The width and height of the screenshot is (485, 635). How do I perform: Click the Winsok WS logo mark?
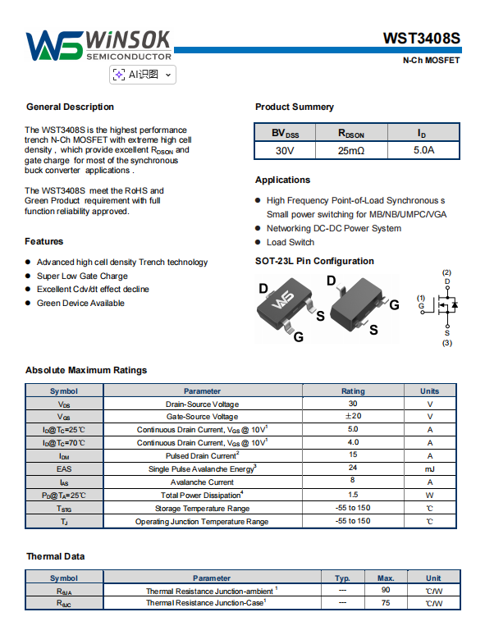(x=54, y=45)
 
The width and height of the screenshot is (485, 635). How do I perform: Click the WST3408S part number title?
(x=421, y=39)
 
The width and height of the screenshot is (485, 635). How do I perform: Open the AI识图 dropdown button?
(x=143, y=75)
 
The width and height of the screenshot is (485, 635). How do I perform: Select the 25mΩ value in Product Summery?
(x=351, y=151)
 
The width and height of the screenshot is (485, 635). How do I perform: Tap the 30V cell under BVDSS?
(x=285, y=151)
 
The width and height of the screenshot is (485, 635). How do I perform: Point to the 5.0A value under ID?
(x=423, y=150)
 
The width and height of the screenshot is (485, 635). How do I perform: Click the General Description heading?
(x=70, y=107)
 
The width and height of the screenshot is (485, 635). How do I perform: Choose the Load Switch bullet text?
(x=291, y=242)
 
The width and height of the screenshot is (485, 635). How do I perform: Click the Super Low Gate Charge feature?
(x=82, y=276)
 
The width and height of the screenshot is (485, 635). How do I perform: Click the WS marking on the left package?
(x=283, y=300)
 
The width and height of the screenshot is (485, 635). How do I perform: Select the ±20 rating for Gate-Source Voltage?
(x=353, y=416)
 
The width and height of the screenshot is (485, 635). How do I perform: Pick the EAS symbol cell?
(x=64, y=469)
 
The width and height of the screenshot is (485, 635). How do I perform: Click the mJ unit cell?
(x=429, y=469)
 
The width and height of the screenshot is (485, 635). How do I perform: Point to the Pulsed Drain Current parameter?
(x=202, y=455)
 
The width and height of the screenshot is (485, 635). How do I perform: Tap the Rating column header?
(x=353, y=391)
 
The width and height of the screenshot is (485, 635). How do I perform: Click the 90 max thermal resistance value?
(x=386, y=590)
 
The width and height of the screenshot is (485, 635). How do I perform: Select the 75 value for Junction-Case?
(x=386, y=603)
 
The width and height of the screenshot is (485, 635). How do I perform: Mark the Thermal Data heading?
(x=56, y=556)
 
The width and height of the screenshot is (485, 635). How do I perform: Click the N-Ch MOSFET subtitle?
(x=431, y=61)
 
